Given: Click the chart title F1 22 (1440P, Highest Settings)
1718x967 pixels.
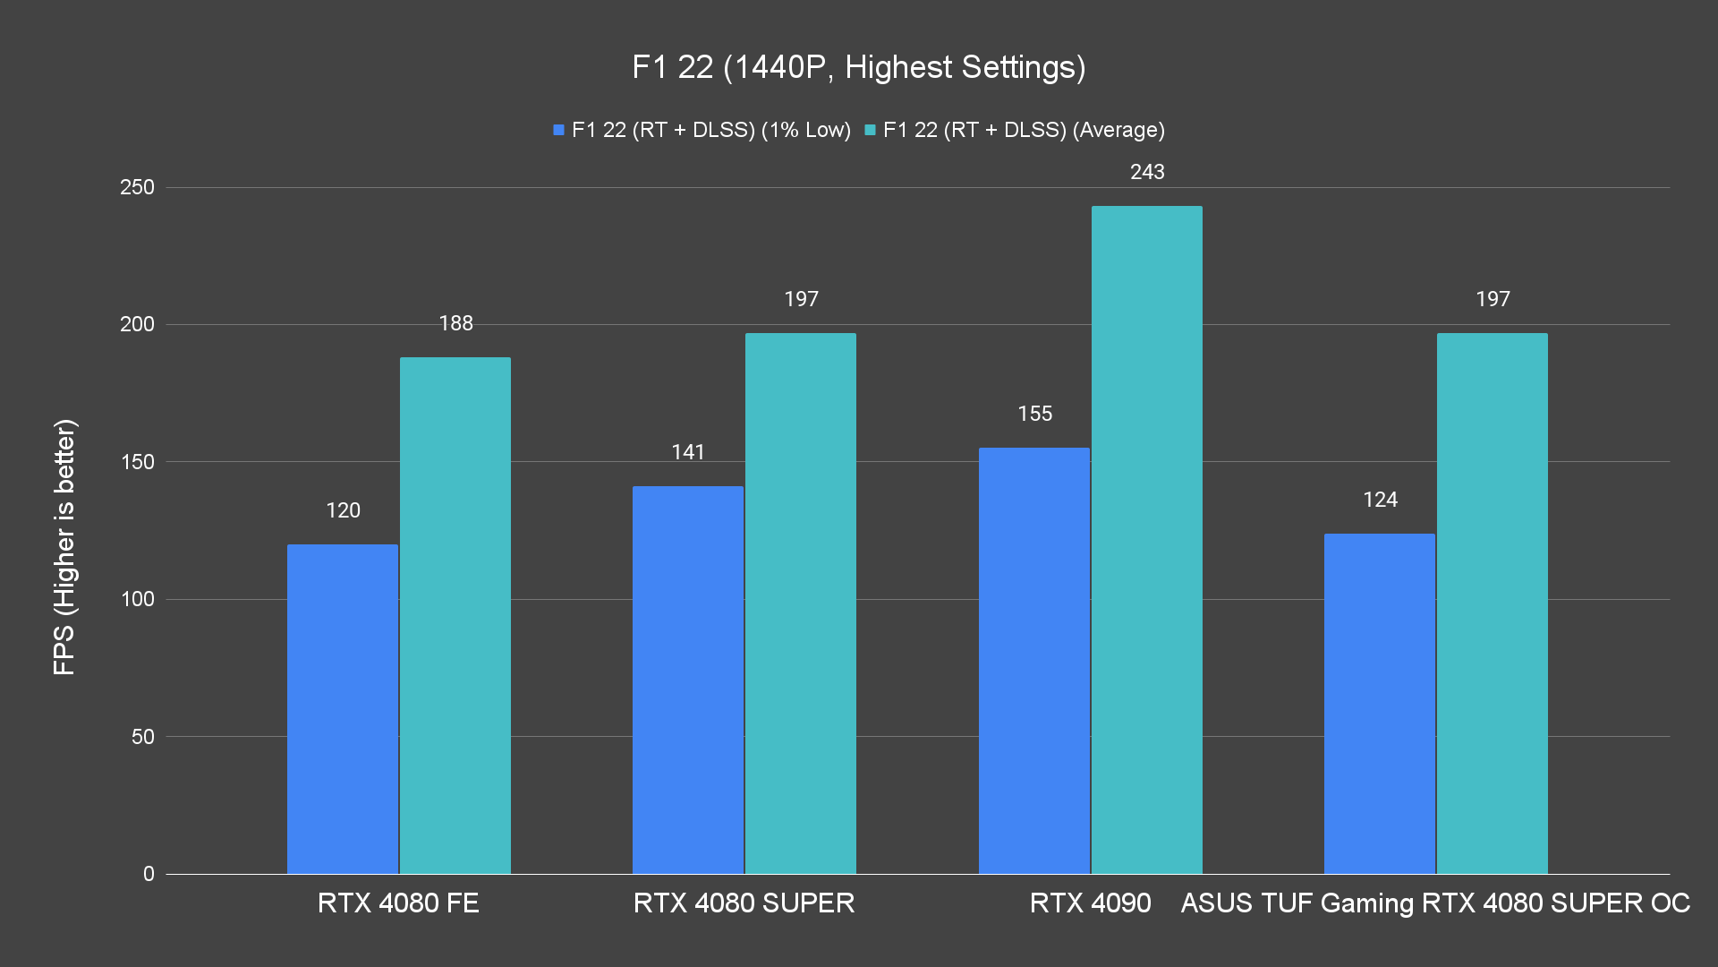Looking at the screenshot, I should (x=858, y=67).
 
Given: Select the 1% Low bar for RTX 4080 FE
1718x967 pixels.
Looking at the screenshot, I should (x=343, y=708).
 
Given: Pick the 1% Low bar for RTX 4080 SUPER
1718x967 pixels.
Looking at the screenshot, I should (x=688, y=680).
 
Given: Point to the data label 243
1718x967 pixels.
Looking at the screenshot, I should (x=1147, y=172).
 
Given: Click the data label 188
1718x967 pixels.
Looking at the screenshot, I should (x=455, y=323).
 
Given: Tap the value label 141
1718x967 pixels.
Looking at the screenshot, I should (x=688, y=452).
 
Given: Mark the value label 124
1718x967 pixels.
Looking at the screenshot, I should (x=1380, y=500).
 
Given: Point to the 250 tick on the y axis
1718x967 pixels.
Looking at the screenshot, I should (x=137, y=187).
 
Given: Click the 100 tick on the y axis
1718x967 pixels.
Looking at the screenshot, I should (x=137, y=599).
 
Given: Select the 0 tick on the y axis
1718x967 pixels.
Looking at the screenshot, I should (x=149, y=874).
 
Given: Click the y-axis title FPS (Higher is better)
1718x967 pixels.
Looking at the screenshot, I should (x=64, y=546).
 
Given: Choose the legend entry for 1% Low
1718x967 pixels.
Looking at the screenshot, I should (x=702, y=130).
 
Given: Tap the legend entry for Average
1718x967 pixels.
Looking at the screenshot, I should (x=1015, y=130).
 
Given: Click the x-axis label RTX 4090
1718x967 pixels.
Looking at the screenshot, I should (x=1090, y=903).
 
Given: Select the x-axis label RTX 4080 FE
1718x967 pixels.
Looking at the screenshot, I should (x=398, y=903).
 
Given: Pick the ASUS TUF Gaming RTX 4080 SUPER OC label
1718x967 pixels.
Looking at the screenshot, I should (x=1435, y=903).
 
